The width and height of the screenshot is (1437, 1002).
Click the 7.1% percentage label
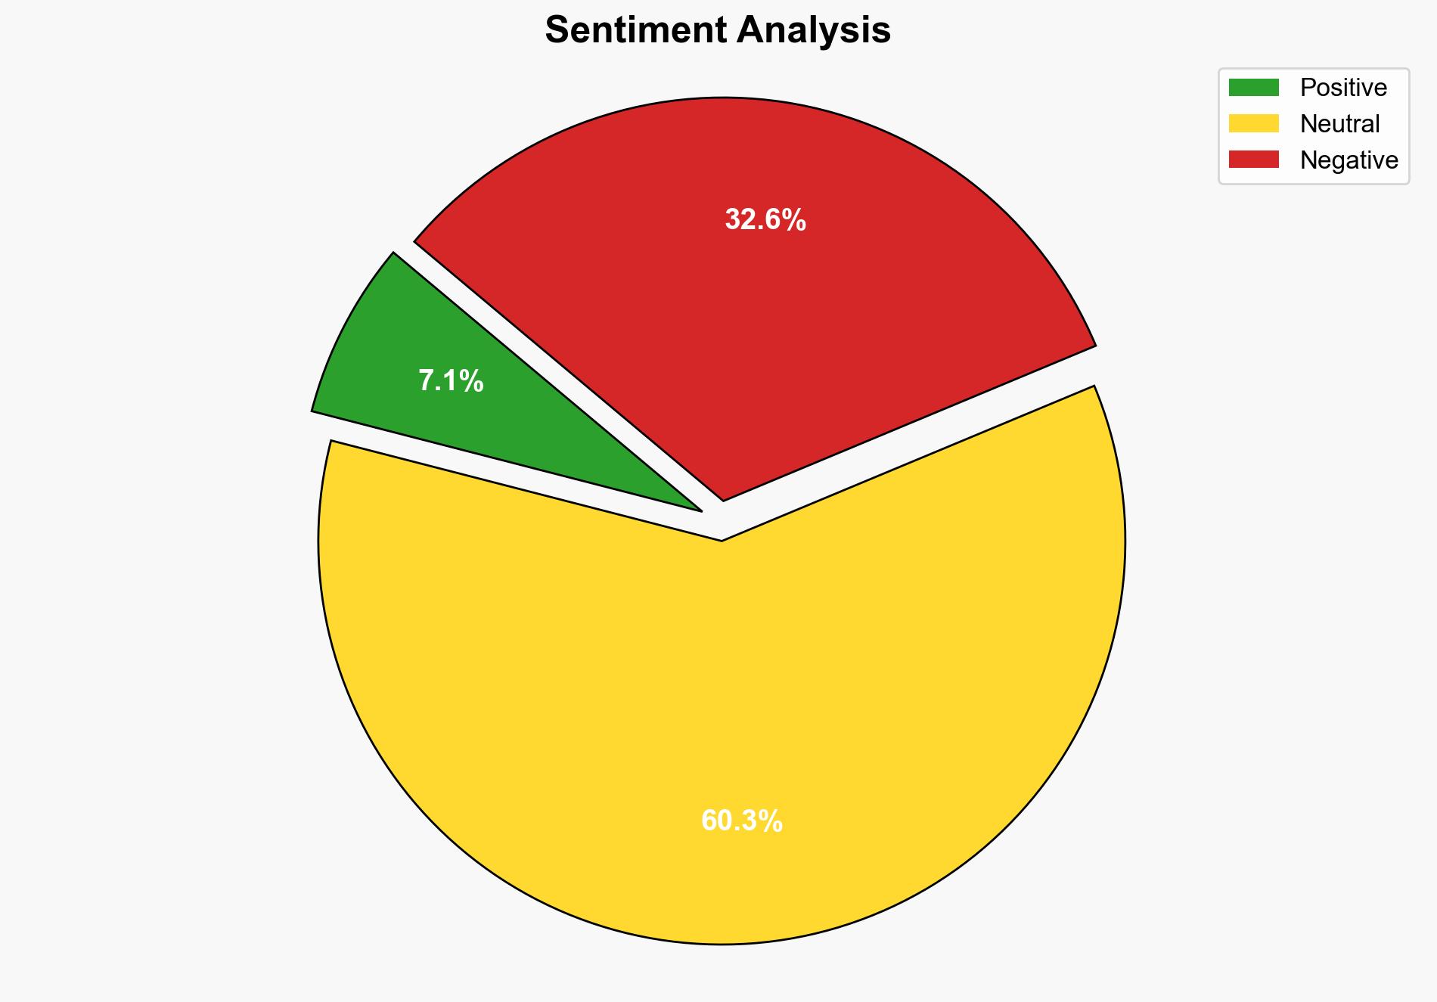coord(451,381)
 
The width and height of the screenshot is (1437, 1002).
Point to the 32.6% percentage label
coord(765,220)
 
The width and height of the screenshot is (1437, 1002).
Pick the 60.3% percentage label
coord(741,821)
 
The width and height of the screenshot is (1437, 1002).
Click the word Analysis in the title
coord(814,30)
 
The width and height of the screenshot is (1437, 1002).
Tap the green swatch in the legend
coord(1253,88)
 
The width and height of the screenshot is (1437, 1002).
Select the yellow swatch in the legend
coord(1253,123)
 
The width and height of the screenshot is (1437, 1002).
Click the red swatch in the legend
coord(1253,160)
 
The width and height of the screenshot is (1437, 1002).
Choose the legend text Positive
coord(1343,88)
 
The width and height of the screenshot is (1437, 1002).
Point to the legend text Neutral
coord(1339,123)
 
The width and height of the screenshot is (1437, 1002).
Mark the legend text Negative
coord(1349,160)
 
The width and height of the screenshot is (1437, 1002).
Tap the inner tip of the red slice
coord(724,498)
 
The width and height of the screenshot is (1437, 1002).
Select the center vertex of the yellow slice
coord(722,538)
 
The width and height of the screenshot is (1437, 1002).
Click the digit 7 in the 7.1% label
coord(426,381)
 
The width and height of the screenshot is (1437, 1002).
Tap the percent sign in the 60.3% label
coord(771,821)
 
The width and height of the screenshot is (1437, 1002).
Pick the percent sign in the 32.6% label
coord(795,220)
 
